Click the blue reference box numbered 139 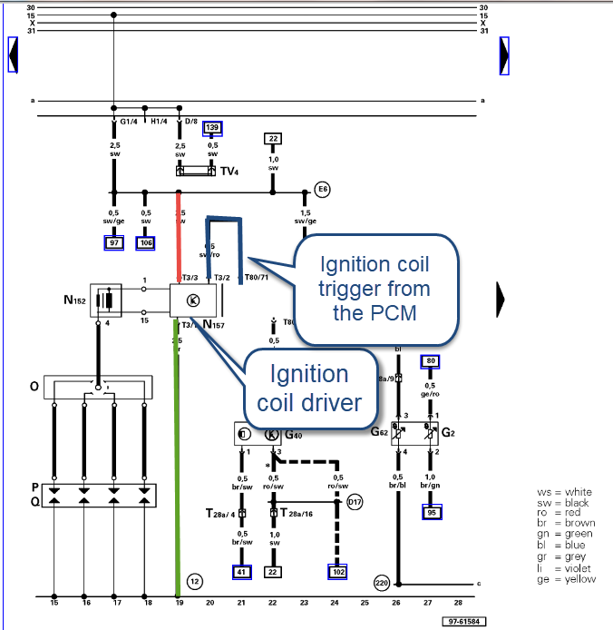coord(212,128)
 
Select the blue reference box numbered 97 coord(114,242)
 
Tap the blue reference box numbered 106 coord(146,242)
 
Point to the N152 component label coord(75,300)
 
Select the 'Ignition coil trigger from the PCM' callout coord(374,289)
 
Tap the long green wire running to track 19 coord(177,454)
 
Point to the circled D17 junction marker coord(354,501)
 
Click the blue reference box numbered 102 coord(336,572)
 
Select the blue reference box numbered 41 coord(242,572)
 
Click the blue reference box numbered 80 coord(431,361)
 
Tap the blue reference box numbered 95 coord(431,513)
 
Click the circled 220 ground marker coord(382,582)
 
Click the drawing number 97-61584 coord(462,622)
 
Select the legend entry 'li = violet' coord(566,568)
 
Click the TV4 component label coord(229,171)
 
